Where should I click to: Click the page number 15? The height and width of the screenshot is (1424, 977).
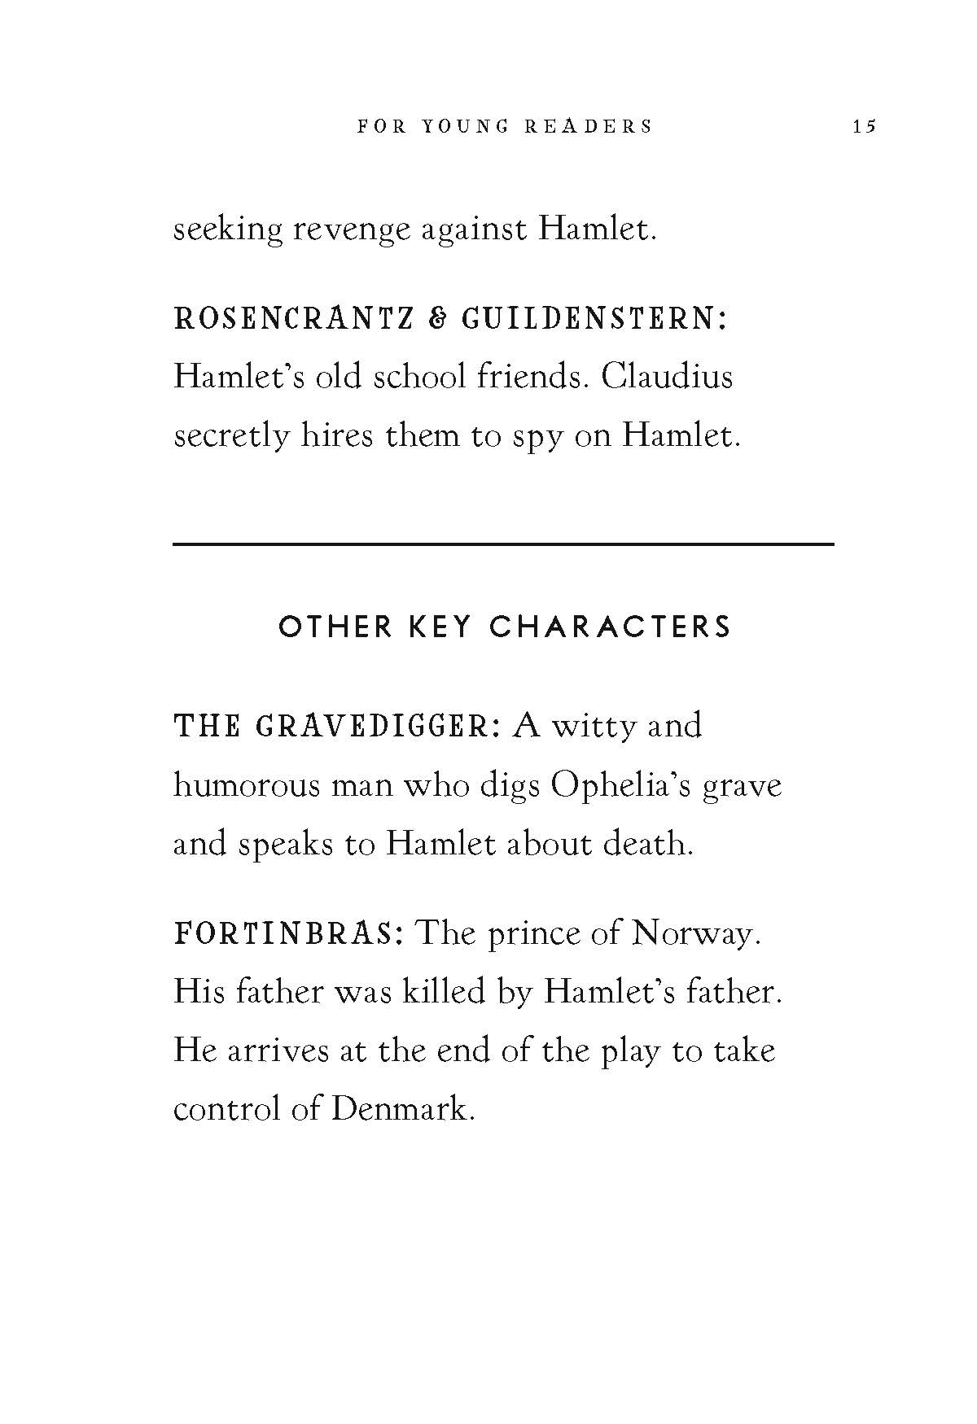pyautogui.click(x=864, y=126)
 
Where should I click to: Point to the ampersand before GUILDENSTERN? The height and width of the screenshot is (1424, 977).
pyautogui.click(x=436, y=319)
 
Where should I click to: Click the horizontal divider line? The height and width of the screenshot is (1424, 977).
pyautogui.click(x=503, y=543)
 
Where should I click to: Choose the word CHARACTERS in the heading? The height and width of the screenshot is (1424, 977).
pyautogui.click(x=611, y=627)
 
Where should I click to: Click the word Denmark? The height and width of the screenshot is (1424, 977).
pyautogui.click(x=402, y=1108)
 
